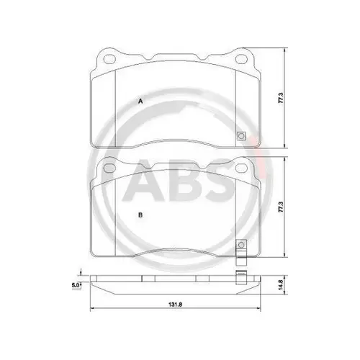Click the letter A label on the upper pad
coord(141,102)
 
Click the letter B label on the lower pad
coord(141,215)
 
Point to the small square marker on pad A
coord(240,136)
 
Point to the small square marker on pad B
coord(240,246)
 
